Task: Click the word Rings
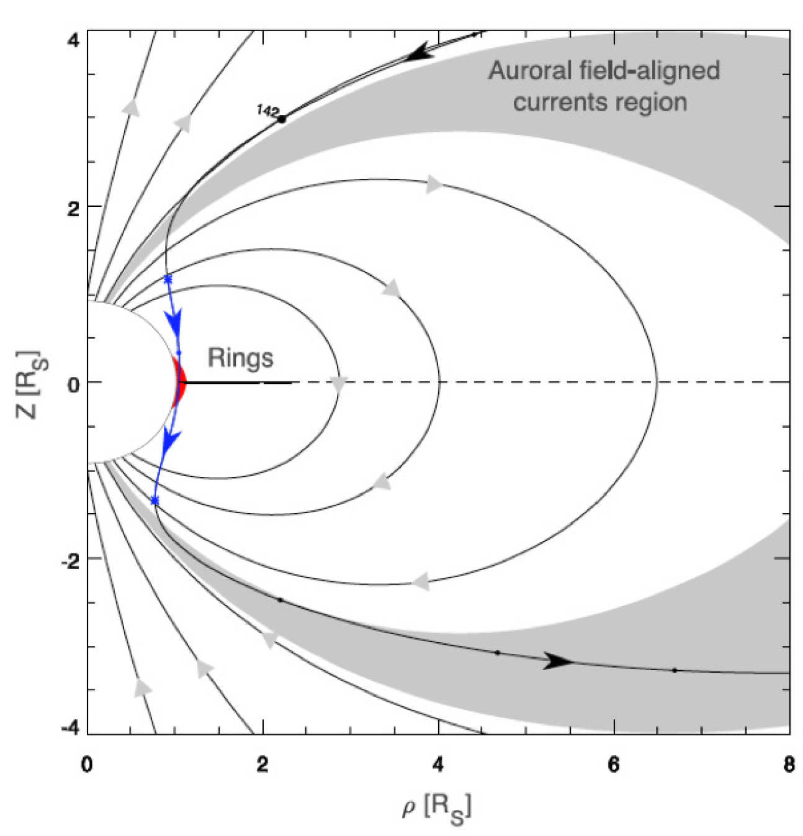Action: (x=240, y=358)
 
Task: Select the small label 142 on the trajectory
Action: (x=268, y=111)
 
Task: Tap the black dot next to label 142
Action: (x=282, y=119)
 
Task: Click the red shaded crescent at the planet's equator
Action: (x=180, y=381)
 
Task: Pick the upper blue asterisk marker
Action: (x=167, y=279)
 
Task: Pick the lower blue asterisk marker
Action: (x=155, y=501)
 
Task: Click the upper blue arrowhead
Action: (x=174, y=322)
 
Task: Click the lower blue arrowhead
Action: (x=168, y=439)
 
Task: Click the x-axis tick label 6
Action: (x=613, y=765)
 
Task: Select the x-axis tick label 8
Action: (x=788, y=765)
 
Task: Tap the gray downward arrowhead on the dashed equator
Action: (x=338, y=384)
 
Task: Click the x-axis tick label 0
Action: (x=87, y=765)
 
